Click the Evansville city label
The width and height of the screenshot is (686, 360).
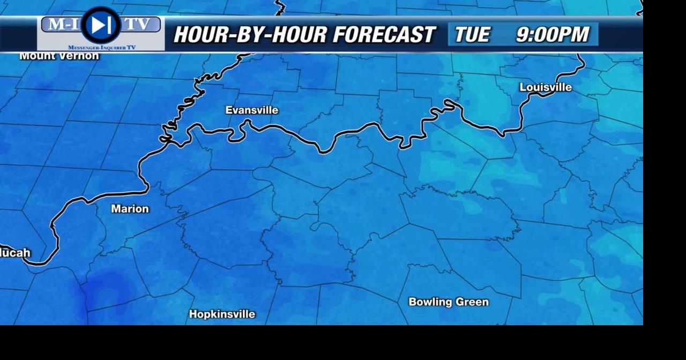[x=252, y=110]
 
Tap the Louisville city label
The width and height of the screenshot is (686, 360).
[x=546, y=87]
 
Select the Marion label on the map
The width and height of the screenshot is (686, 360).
[x=130, y=209]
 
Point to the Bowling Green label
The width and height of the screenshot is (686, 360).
[x=449, y=302]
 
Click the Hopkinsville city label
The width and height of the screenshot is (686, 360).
[x=222, y=314]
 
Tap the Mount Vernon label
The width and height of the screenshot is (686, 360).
[x=59, y=56]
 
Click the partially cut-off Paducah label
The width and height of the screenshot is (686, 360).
[x=15, y=253]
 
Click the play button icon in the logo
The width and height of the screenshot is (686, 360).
[x=101, y=25]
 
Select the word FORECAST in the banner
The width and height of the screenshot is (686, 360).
[x=384, y=35]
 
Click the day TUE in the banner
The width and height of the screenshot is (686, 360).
[x=472, y=35]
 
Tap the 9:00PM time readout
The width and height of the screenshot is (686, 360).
[x=553, y=35]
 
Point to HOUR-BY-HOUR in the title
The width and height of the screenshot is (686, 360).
[x=250, y=35]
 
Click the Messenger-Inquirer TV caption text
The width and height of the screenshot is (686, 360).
[x=102, y=48]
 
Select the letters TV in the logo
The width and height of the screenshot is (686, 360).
[x=138, y=24]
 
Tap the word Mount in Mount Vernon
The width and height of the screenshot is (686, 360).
[x=36, y=56]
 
